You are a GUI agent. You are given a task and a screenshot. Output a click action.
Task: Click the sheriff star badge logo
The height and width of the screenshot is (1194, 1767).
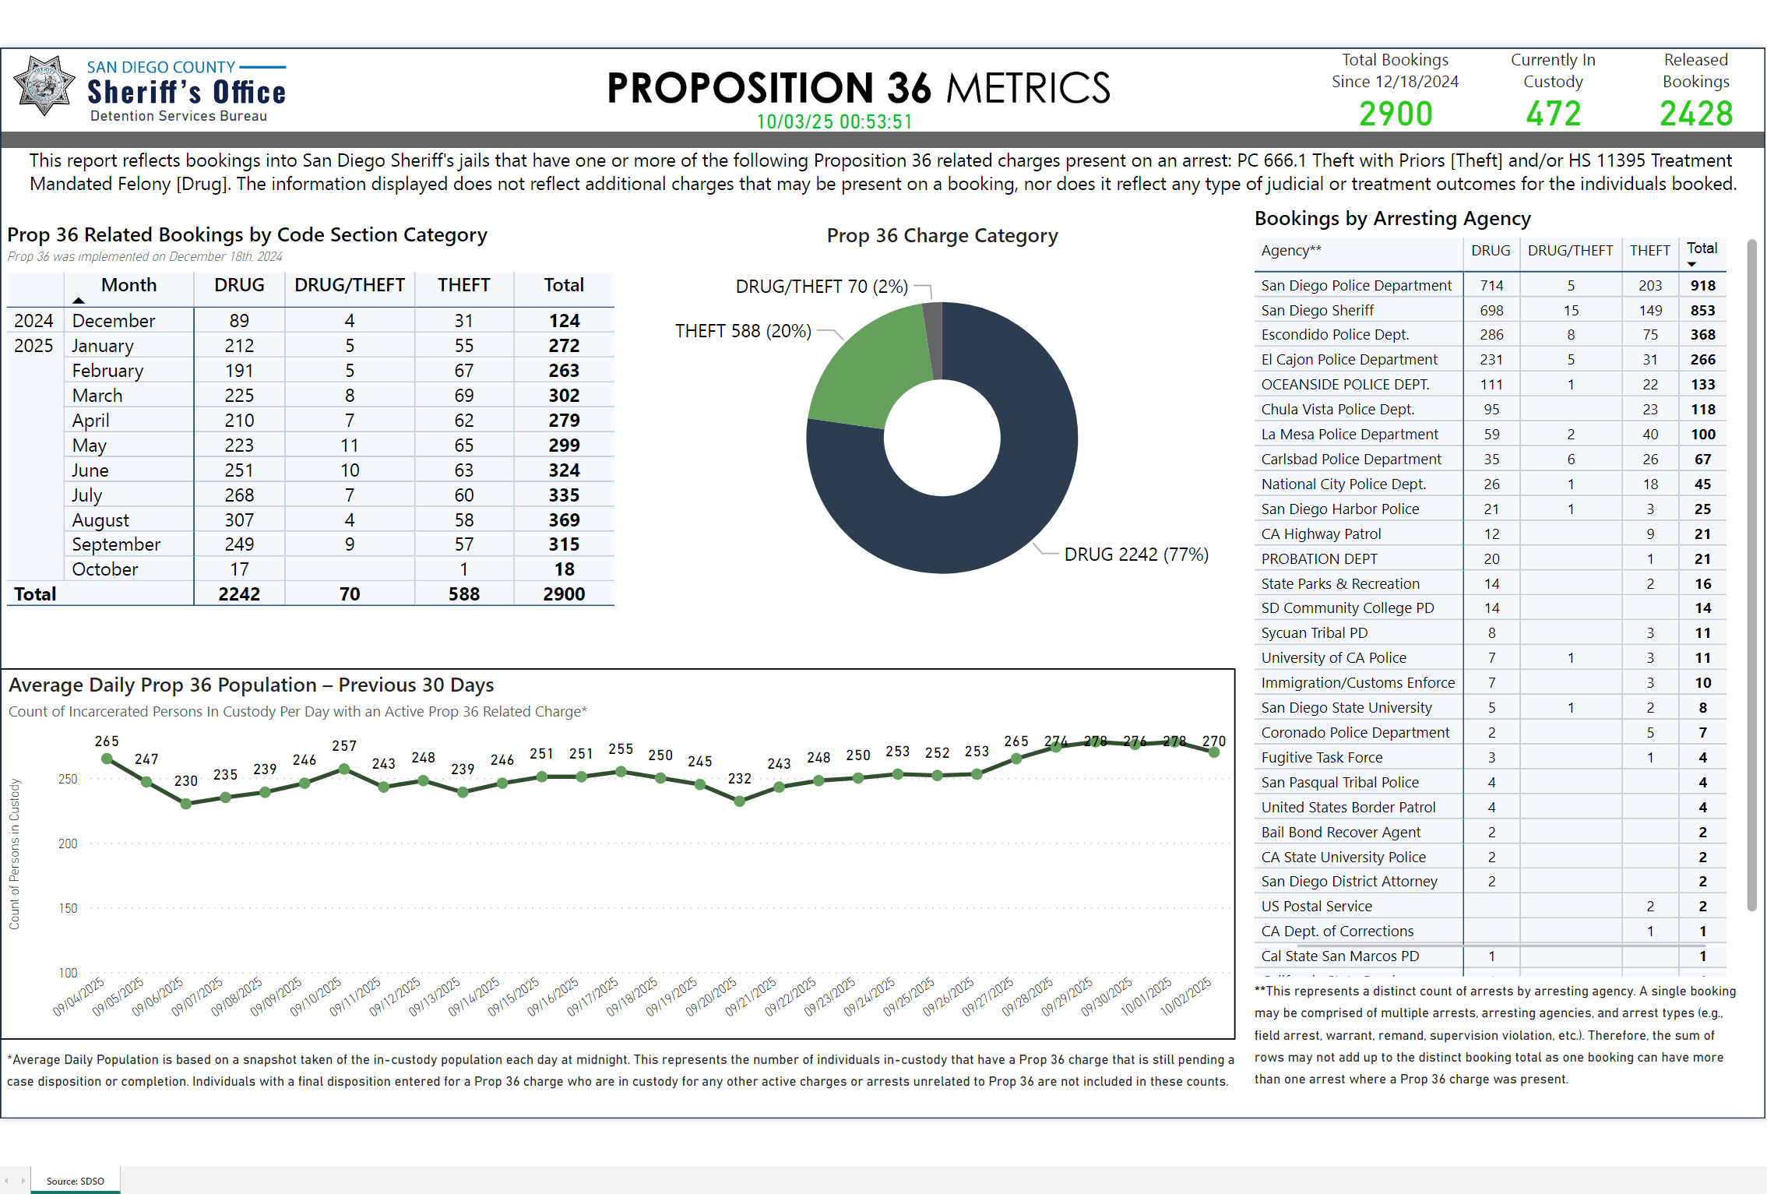(44, 86)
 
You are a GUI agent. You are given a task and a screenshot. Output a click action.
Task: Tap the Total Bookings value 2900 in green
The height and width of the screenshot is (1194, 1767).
(1396, 114)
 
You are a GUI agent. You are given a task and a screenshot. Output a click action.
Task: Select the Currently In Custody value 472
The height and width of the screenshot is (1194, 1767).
(1553, 114)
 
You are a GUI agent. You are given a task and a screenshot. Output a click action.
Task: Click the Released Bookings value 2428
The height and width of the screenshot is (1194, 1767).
(1696, 114)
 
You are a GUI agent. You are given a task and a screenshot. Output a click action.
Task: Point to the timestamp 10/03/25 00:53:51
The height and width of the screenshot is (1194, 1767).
(834, 122)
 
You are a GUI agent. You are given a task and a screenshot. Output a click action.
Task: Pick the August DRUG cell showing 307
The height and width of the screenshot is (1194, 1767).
(239, 520)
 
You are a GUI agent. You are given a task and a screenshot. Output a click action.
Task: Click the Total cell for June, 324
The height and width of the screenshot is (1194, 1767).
(564, 470)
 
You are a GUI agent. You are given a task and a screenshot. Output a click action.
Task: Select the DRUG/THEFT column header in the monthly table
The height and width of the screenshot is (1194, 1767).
(349, 285)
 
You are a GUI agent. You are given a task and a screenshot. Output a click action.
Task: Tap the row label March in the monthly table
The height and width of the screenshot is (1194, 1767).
(97, 396)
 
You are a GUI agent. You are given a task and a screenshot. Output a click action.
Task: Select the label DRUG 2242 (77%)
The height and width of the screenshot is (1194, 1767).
(1136, 555)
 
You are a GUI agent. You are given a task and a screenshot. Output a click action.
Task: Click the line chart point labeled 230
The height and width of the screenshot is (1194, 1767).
(186, 804)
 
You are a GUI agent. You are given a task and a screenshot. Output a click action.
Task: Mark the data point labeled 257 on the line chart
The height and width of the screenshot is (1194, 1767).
(344, 769)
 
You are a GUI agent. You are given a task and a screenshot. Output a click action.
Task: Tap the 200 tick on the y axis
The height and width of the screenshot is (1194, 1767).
(68, 844)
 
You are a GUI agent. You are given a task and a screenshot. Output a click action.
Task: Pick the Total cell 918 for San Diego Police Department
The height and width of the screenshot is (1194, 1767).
(1702, 285)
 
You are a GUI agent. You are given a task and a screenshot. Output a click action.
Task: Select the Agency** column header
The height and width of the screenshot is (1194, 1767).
(1290, 250)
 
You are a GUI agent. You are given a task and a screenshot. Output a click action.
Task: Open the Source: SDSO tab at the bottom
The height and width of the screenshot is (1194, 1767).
(75, 1181)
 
